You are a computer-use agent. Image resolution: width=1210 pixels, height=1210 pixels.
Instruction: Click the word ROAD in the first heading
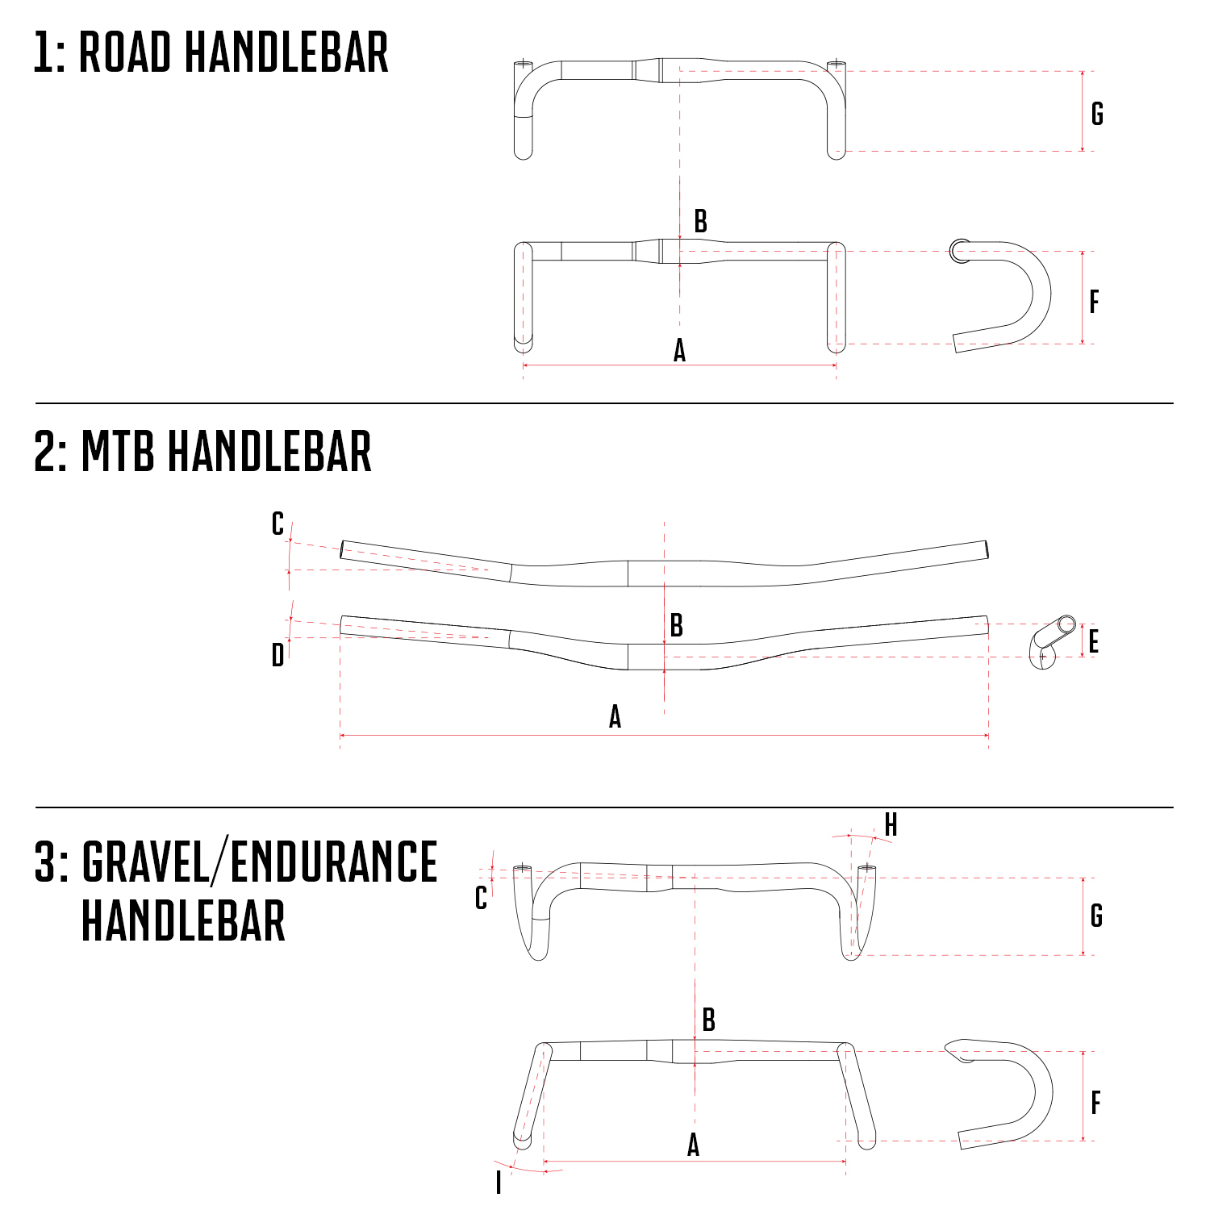pos(125,53)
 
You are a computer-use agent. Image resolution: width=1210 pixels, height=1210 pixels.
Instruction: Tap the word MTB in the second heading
pos(118,452)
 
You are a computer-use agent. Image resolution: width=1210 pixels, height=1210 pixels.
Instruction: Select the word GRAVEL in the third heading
pos(146,862)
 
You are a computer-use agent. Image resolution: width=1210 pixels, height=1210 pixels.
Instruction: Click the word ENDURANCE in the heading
pos(334,862)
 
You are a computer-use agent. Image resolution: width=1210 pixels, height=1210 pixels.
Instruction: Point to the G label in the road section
pos(1097,114)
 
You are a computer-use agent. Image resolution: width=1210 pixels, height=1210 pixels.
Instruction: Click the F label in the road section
pos(1094,302)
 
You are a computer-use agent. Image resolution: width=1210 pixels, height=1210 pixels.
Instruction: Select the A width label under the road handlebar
pos(679,351)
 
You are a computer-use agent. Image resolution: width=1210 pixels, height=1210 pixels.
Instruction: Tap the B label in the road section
pos(700,221)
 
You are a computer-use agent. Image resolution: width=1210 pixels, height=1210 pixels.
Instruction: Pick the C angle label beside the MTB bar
pos(277,524)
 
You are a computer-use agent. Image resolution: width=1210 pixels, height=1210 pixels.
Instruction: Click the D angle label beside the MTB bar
pos(277,655)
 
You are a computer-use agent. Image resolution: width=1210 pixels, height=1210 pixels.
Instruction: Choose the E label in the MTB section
pos(1094,642)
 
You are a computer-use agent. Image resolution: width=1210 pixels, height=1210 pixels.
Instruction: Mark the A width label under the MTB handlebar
pos(615,716)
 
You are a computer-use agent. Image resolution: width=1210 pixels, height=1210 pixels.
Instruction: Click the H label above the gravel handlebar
pos(891,825)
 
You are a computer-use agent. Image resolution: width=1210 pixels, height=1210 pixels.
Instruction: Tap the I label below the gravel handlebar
pos(499,1183)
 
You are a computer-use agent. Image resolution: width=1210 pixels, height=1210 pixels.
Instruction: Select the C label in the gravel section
pos(481,898)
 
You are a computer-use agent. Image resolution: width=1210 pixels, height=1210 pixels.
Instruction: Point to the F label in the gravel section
pos(1095,1103)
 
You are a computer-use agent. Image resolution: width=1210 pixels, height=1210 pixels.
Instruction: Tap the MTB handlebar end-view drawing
pos(1051,641)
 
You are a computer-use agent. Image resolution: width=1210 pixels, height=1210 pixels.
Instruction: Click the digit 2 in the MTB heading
pos(45,452)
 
